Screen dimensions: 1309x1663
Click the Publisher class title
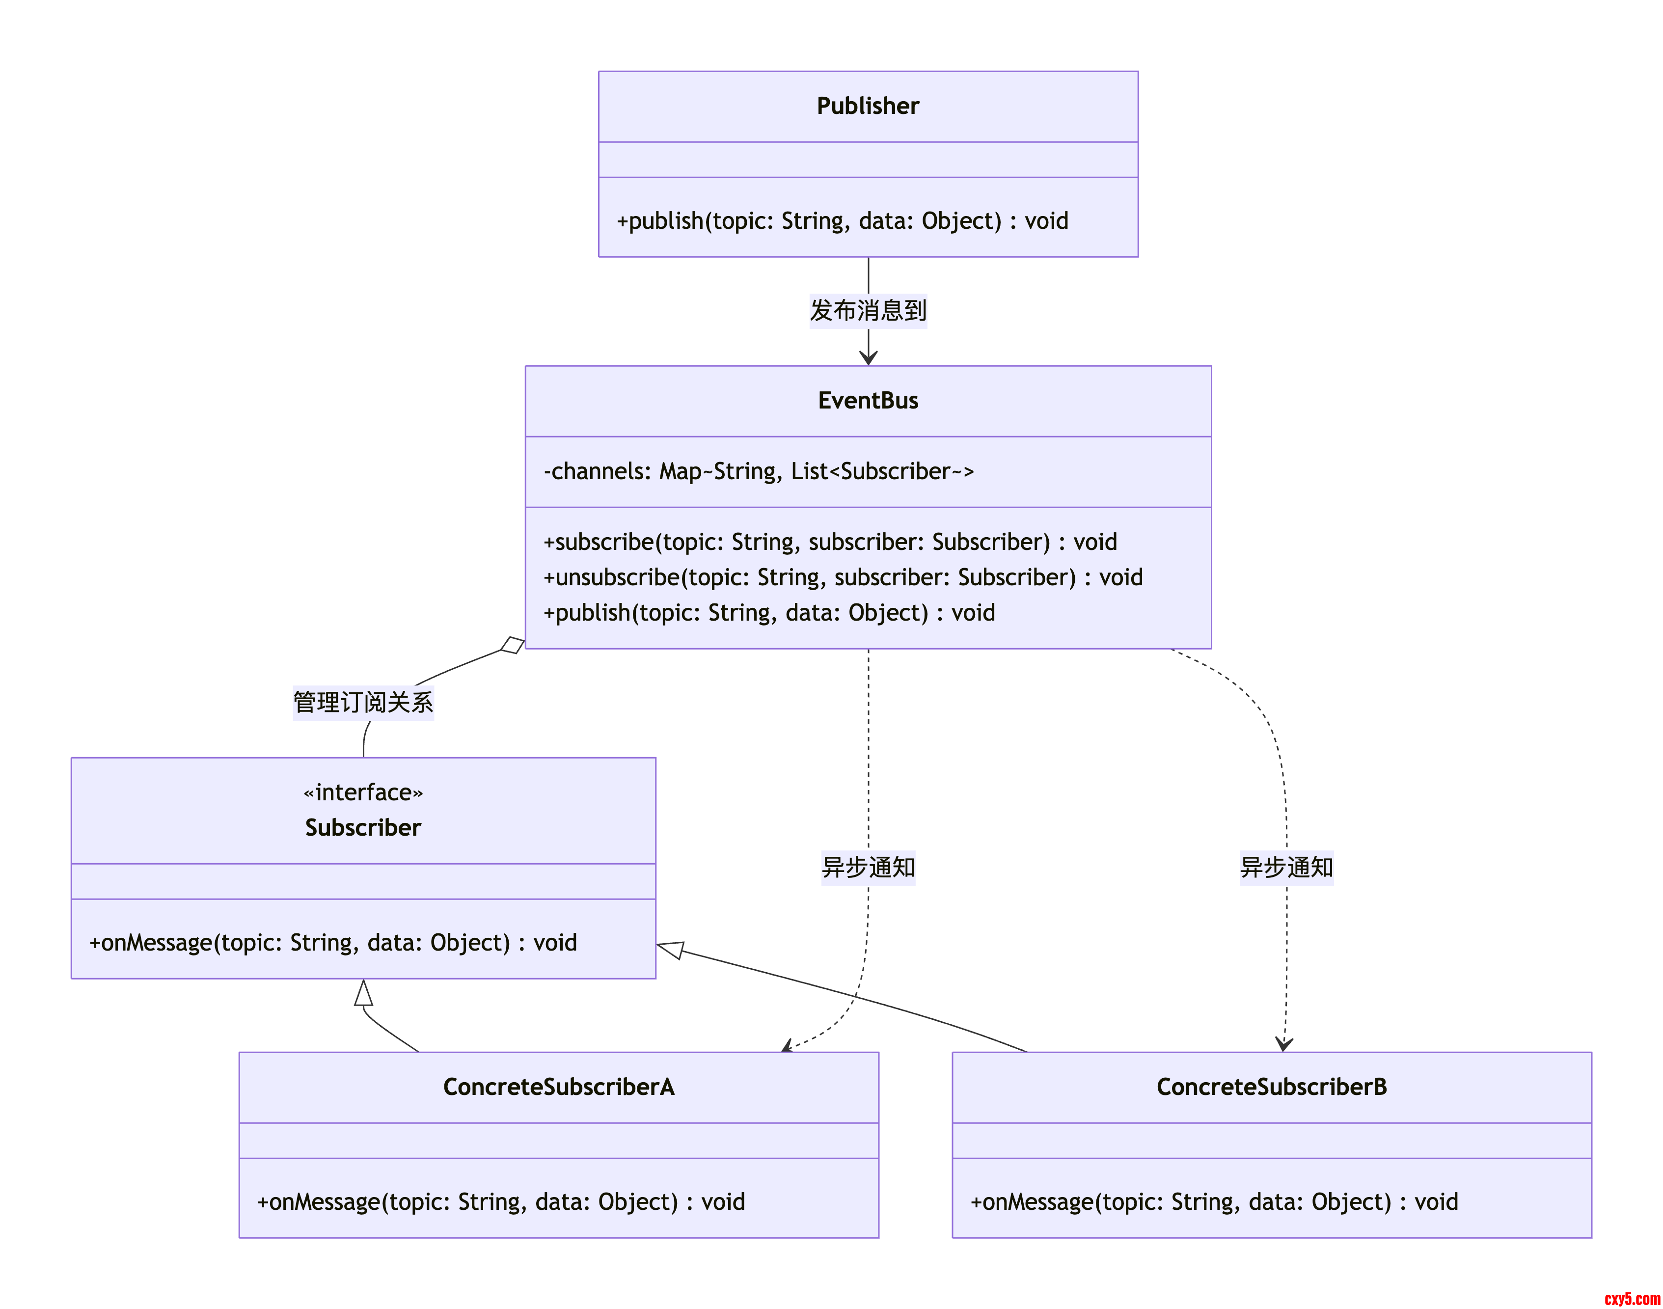coord(868,106)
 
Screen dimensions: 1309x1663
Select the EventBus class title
coord(868,400)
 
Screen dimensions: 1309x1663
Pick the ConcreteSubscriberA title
coord(559,1087)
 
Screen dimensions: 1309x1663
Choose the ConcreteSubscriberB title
coord(1271,1087)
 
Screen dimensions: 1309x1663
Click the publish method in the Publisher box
coord(842,221)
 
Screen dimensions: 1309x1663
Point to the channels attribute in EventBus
coord(758,471)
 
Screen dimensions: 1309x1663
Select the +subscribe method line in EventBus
coord(829,542)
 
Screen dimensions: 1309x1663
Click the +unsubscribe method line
coord(842,577)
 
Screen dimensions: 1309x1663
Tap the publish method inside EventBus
coord(769,612)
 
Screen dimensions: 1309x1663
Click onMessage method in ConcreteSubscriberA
coord(500,1201)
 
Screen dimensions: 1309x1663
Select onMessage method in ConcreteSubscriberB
coord(1214,1201)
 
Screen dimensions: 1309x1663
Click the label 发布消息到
coord(868,310)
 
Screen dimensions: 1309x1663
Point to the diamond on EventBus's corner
coord(513,645)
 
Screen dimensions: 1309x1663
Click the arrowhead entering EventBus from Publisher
coord(868,357)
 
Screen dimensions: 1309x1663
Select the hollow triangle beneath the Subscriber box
coord(363,993)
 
